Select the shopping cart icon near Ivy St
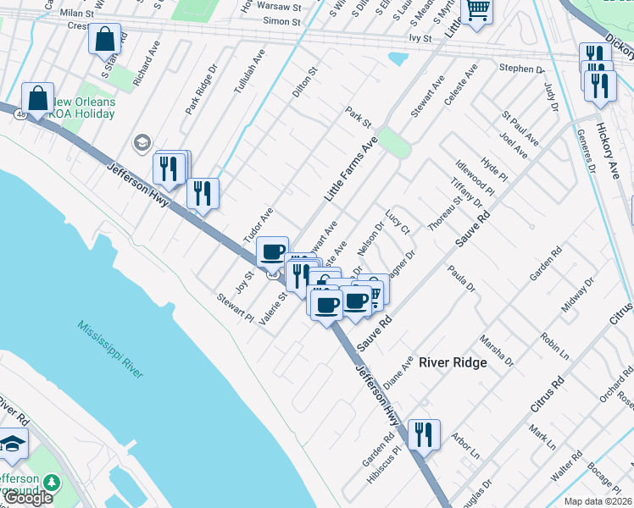(478, 11)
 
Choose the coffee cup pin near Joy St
(272, 251)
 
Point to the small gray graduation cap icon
(142, 142)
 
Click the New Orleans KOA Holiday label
(81, 108)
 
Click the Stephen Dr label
(520, 69)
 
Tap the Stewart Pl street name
(235, 307)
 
